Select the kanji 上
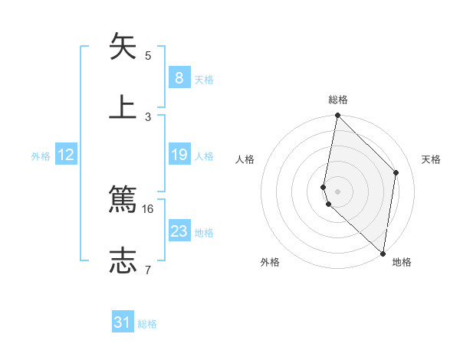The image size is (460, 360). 123,107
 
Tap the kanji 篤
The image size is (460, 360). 123,199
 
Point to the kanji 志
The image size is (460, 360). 123,260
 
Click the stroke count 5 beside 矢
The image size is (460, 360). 148,55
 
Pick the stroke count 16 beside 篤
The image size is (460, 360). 148,208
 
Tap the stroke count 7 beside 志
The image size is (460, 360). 148,270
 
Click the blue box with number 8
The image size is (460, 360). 179,77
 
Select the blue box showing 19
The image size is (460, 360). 179,155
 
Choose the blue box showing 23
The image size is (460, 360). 179,231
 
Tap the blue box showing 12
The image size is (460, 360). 66,155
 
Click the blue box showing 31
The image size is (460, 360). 123,322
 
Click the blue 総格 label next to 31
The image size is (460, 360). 147,324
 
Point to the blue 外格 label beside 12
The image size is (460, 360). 41,156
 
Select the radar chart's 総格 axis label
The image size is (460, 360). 338,100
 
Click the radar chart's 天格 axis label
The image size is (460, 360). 431,159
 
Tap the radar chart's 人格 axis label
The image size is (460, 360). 245,159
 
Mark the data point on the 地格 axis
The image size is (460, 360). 383,254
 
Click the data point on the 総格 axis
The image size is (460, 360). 337,116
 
